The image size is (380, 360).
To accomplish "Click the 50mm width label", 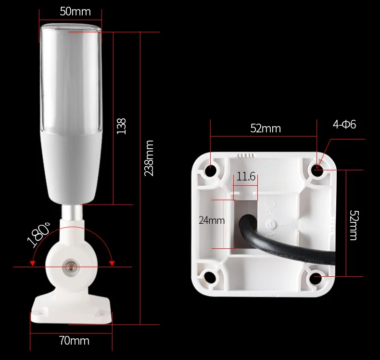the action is point(75,12).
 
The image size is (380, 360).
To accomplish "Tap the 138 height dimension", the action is point(121,126).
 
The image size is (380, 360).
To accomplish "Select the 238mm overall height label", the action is point(149,158).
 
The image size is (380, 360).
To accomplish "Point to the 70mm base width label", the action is point(74,341).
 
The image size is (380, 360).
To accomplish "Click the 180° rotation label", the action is point(39,234).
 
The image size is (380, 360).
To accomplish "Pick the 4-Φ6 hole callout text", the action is point(344,124).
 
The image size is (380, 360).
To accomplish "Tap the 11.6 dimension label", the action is point(246,176).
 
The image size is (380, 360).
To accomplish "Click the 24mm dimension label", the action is point(212,220).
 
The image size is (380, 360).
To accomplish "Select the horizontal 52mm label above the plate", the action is point(266,128).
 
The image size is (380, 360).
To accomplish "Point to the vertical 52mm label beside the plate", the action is point(354,225).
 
